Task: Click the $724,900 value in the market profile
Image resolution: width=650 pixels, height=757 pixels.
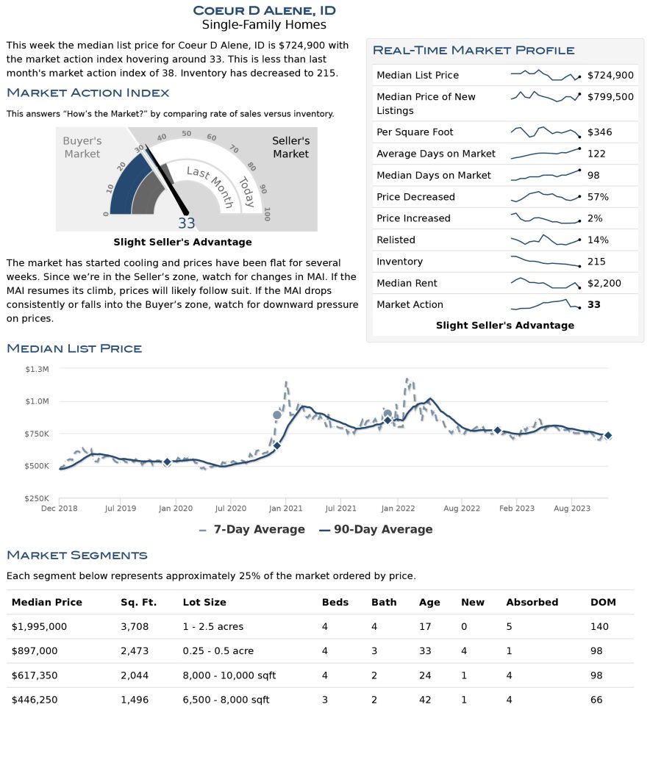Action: (610, 75)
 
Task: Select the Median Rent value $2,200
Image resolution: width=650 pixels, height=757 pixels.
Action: (604, 284)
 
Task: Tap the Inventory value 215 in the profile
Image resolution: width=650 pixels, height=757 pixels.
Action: (596, 262)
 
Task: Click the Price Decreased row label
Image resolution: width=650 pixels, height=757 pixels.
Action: (415, 197)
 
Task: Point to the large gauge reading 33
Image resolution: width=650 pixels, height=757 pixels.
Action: (187, 223)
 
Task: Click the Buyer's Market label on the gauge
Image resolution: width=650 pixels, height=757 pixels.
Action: (82, 147)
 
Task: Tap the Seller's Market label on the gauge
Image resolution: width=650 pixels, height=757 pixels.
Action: (290, 147)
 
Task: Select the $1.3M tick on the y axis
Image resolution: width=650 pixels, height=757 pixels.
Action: (37, 370)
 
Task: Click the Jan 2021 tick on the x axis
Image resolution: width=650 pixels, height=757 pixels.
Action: (286, 509)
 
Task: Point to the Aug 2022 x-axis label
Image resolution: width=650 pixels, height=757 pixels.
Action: (462, 509)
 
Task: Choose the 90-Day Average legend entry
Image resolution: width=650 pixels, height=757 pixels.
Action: (376, 530)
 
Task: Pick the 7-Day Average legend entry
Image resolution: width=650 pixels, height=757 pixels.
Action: (252, 530)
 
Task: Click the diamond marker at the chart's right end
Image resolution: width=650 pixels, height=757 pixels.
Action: (608, 436)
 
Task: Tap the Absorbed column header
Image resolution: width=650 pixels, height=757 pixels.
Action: (532, 603)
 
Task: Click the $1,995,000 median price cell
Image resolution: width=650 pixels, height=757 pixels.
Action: (39, 627)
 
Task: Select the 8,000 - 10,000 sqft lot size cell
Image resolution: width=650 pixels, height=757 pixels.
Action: (229, 675)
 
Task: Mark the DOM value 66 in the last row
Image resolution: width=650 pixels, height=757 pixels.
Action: (596, 700)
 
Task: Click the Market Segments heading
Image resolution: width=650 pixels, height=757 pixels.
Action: (77, 555)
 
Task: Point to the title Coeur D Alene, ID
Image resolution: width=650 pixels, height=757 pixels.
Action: (264, 10)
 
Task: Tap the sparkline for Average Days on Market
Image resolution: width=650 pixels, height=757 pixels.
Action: (546, 154)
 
